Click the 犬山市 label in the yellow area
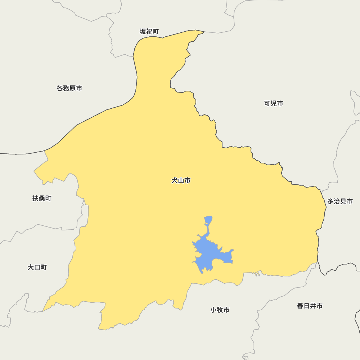[181, 180]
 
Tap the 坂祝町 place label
[149, 32]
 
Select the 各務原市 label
[69, 88]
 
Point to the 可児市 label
[274, 103]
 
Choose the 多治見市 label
[340, 201]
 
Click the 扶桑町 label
[42, 198]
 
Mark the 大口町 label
[37, 267]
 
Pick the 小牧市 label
[220, 310]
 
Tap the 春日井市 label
[310, 306]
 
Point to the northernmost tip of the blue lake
[208, 217]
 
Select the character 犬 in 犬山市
[175, 180]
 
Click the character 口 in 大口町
[37, 267]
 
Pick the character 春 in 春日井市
[300, 306]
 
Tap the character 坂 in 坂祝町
[143, 32]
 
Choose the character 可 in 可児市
[267, 103]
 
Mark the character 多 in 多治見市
[330, 201]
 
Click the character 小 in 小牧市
[213, 310]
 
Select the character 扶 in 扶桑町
[36, 198]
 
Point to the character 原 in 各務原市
[72, 88]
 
